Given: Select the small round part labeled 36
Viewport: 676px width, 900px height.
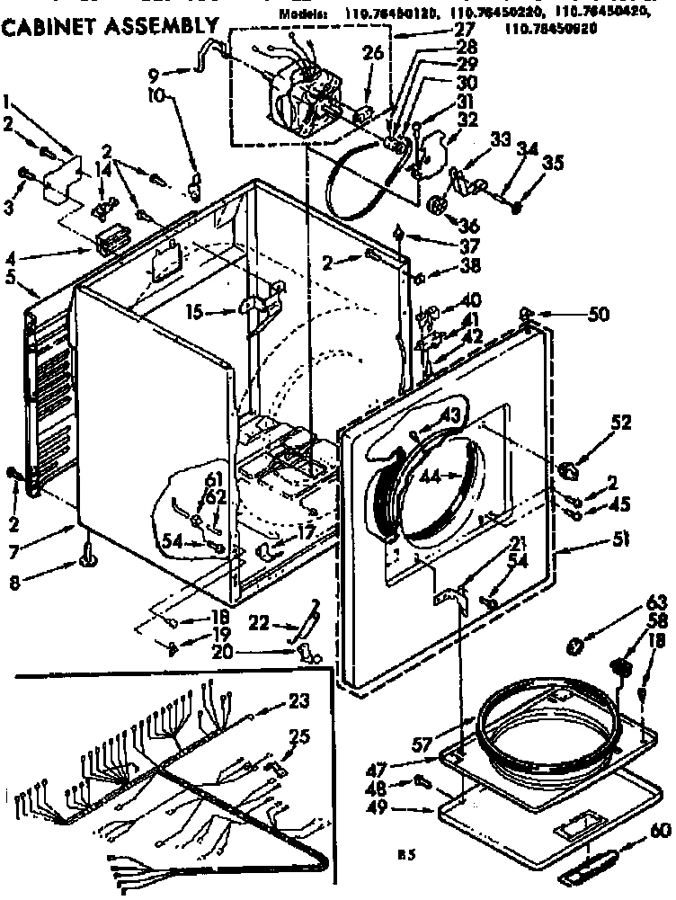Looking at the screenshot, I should [438, 206].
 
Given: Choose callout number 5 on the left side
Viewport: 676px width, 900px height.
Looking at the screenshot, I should [12, 277].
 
